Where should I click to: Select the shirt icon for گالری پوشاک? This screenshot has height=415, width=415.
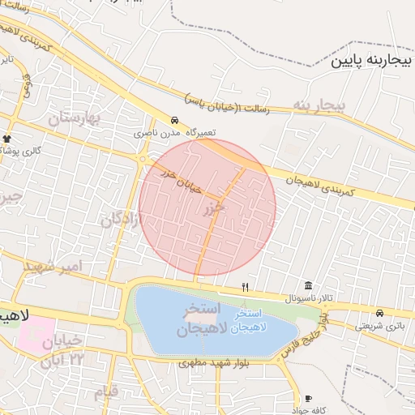pos(7,139)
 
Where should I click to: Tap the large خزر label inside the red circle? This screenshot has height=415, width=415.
pos(213,209)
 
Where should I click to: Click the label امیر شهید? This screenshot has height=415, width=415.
pos(53,267)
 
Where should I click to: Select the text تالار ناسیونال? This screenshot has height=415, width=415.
pos(308,298)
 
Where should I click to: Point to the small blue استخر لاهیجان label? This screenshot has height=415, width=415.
pos(246,321)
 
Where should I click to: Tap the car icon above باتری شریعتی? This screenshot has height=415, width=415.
pos(379,314)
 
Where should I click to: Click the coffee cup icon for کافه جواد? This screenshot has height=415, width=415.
pos(308,398)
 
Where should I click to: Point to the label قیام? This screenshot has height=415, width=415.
pos(105,392)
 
